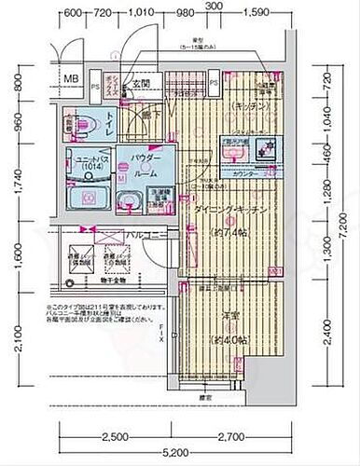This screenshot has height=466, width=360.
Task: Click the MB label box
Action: click(72, 78)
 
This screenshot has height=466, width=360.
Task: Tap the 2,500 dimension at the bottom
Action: click(116, 436)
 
